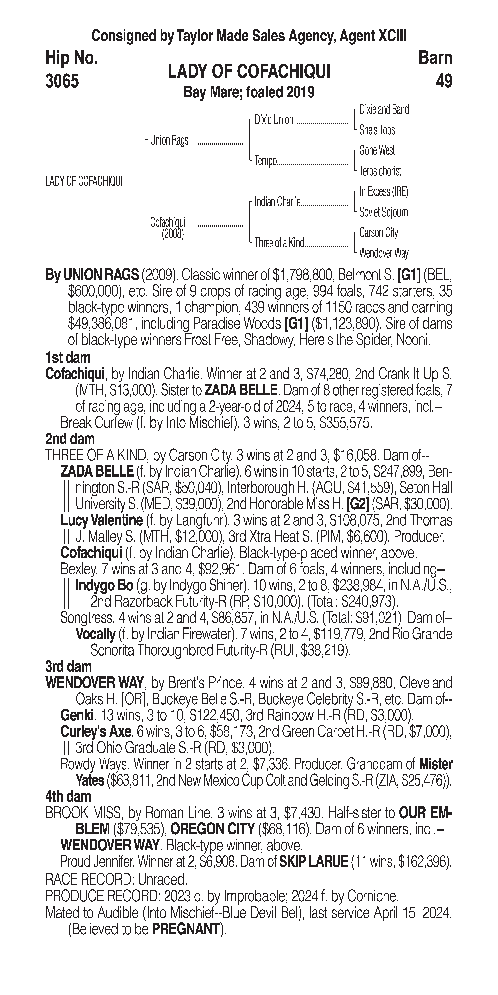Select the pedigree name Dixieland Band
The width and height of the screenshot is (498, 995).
[384, 110]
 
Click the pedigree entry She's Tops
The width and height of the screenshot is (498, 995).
[377, 130]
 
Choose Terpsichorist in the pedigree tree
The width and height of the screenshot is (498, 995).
[380, 171]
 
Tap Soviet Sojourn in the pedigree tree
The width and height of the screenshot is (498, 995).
[383, 212]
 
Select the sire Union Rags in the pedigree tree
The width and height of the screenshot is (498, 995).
[169, 140]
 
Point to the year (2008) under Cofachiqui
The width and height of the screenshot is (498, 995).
[173, 234]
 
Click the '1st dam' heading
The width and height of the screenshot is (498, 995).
[68, 358]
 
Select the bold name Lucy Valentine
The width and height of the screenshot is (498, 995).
[102, 520]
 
